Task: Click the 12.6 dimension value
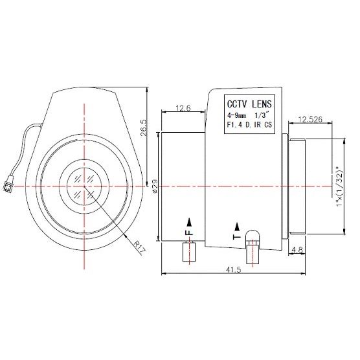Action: [x=183, y=108]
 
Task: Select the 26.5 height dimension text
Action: [x=144, y=128]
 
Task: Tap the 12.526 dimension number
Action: [x=310, y=119]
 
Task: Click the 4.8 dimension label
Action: [x=297, y=250]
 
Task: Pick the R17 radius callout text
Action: [x=140, y=247]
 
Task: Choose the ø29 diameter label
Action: [x=155, y=186]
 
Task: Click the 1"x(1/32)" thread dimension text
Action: [x=340, y=186]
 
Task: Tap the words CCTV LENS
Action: [x=249, y=104]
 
